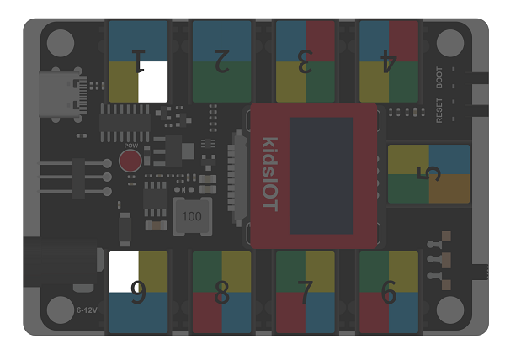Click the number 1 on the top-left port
139,61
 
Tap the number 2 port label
222,61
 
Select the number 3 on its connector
305,61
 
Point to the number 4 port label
389,61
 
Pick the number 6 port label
389,292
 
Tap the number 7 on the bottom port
305,292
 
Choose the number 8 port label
222,292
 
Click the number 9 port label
139,292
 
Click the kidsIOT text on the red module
270,174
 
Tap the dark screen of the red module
322,176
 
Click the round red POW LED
130,161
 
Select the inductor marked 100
192,216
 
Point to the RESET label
439,110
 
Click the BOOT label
439,77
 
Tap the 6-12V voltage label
87,310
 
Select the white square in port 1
153,82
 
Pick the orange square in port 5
449,188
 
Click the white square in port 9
124,272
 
